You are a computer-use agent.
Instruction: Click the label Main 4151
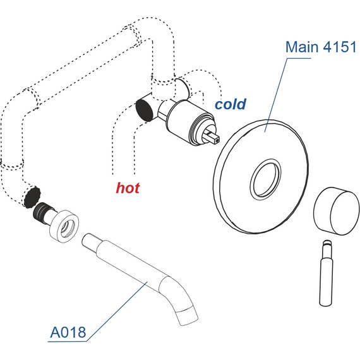[321, 47]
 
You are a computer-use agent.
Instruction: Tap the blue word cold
[230, 104]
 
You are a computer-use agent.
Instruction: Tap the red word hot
[128, 188]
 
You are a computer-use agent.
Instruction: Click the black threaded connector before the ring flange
[44, 212]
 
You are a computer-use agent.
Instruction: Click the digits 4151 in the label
[339, 47]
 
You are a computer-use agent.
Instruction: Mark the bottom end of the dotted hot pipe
[113, 171]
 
